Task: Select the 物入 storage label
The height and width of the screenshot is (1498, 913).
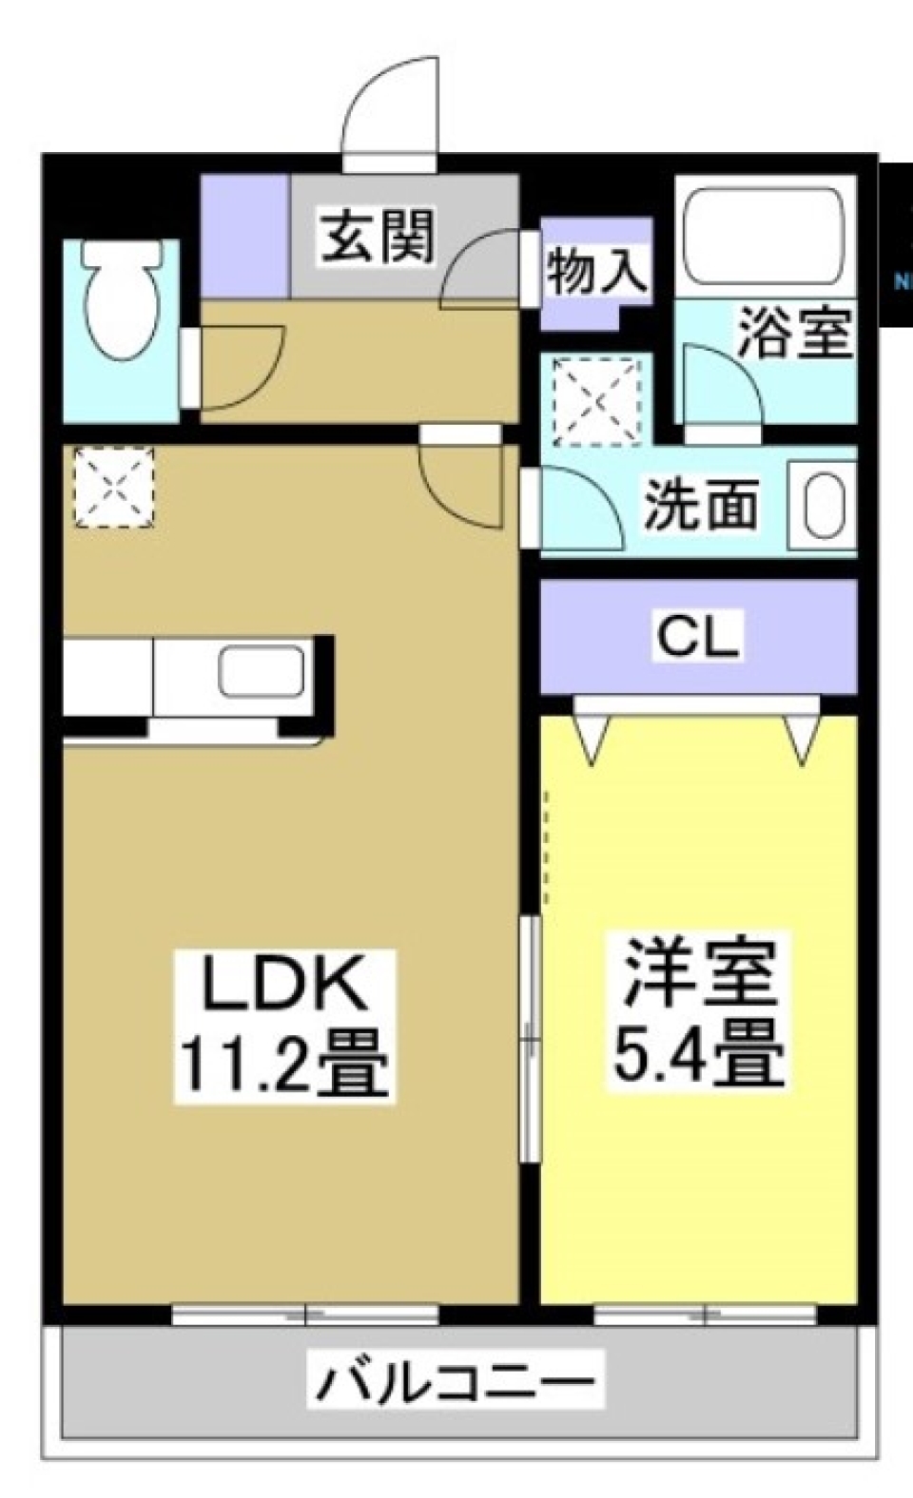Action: coord(596,270)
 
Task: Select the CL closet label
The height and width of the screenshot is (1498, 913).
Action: coord(698,637)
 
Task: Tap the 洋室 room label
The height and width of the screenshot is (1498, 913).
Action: coord(700,971)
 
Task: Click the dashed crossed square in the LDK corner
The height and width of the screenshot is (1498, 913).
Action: coord(114,488)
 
